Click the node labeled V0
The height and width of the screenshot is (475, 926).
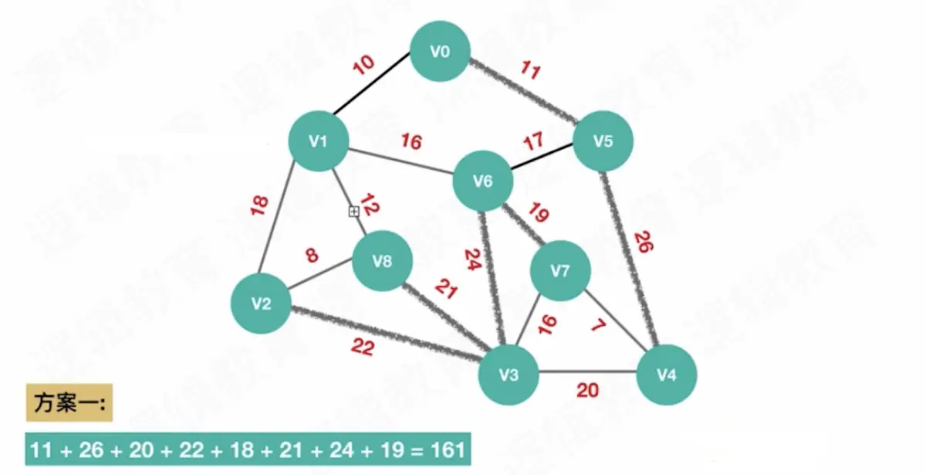point(440,52)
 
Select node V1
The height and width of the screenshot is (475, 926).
point(318,141)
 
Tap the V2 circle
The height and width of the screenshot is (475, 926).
point(262,304)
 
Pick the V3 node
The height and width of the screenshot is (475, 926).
point(508,375)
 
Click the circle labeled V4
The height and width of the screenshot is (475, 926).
point(667,375)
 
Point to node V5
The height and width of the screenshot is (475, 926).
point(603,141)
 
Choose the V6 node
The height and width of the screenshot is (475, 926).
point(482,182)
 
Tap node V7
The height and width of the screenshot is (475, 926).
point(559,270)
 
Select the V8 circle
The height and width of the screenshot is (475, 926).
point(382,262)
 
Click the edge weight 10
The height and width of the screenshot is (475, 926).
point(364,65)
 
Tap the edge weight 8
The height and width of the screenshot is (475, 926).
point(312,256)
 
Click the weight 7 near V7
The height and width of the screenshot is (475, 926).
point(598,325)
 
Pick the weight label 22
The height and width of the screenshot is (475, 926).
point(362,348)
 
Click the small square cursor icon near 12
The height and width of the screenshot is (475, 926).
point(353,211)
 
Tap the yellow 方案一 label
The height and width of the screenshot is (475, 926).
point(69,402)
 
